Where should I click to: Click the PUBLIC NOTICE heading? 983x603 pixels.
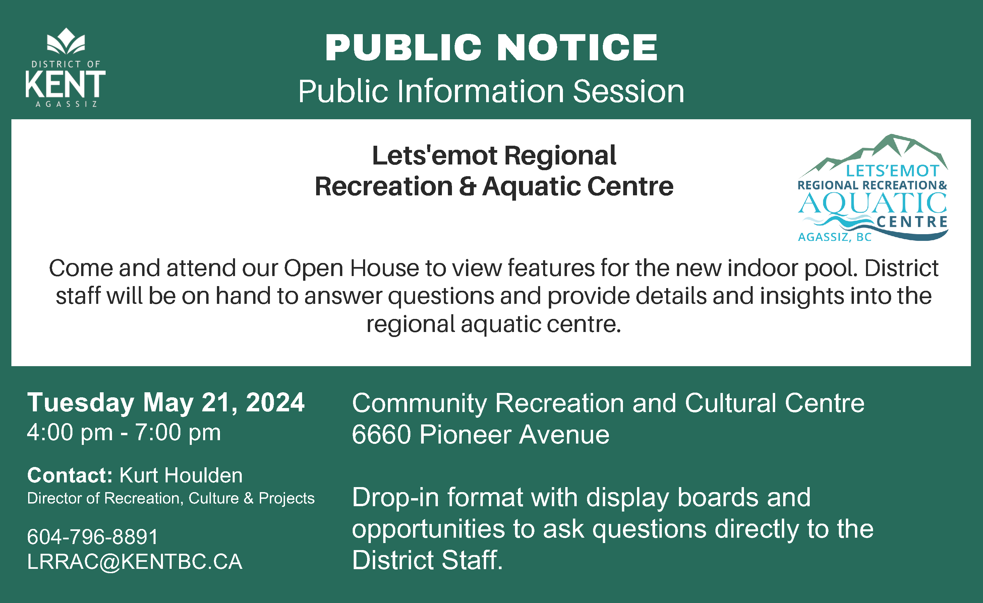pyautogui.click(x=491, y=48)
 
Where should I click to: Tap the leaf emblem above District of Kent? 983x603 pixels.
pyautogui.click(x=66, y=41)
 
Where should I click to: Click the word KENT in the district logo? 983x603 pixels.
pyautogui.click(x=65, y=84)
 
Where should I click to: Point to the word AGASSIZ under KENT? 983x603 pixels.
pyautogui.click(x=66, y=104)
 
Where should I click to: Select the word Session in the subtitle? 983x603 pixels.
pyautogui.click(x=629, y=91)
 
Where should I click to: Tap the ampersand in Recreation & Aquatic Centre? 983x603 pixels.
pyautogui.click(x=467, y=186)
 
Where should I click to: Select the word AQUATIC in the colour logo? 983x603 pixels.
pyautogui.click(x=872, y=204)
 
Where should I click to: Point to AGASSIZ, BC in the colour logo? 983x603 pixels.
pyautogui.click(x=834, y=237)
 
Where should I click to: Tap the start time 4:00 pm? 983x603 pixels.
pyautogui.click(x=70, y=432)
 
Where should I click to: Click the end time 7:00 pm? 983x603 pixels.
pyautogui.click(x=178, y=432)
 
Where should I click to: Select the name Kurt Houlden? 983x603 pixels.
pyautogui.click(x=181, y=475)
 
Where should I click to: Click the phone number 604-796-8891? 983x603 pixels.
pyautogui.click(x=93, y=536)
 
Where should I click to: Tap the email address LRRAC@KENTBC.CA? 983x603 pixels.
pyautogui.click(x=134, y=561)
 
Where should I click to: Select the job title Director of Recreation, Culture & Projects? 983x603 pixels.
pyautogui.click(x=171, y=498)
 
